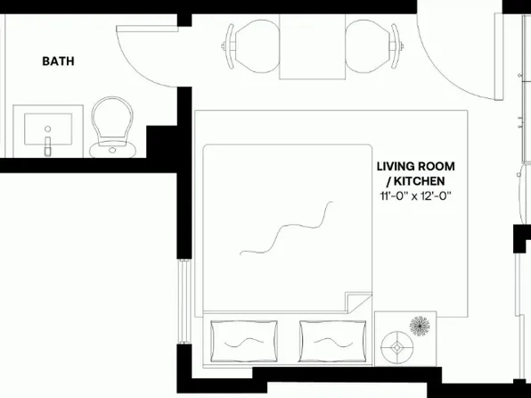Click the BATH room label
pos(58,61)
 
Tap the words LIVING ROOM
pos(416,167)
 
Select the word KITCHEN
pos(420,181)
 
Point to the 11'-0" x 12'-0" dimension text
pos(416,196)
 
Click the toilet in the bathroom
pos(112,128)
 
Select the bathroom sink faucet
pos(48,146)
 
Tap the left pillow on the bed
pos(244,341)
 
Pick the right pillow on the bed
pos(332,341)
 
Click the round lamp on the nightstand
pos(396,347)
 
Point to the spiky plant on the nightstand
pos(420,326)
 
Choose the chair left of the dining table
pos(250,46)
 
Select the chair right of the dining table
pos(374,46)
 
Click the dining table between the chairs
pos(312,46)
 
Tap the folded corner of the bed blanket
pos(359,302)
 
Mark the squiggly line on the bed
pos(286,228)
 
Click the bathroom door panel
pos(147,29)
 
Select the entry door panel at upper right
pos(499,56)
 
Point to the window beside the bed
pos(184,302)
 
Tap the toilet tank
pos(112,150)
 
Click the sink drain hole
pos(48,129)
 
